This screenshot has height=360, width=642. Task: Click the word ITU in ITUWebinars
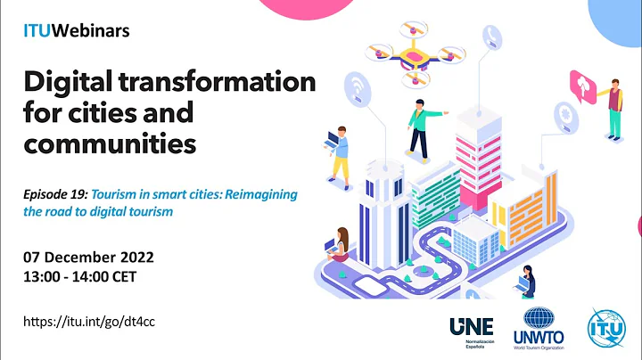[37, 31]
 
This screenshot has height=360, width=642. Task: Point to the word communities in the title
[108, 142]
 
